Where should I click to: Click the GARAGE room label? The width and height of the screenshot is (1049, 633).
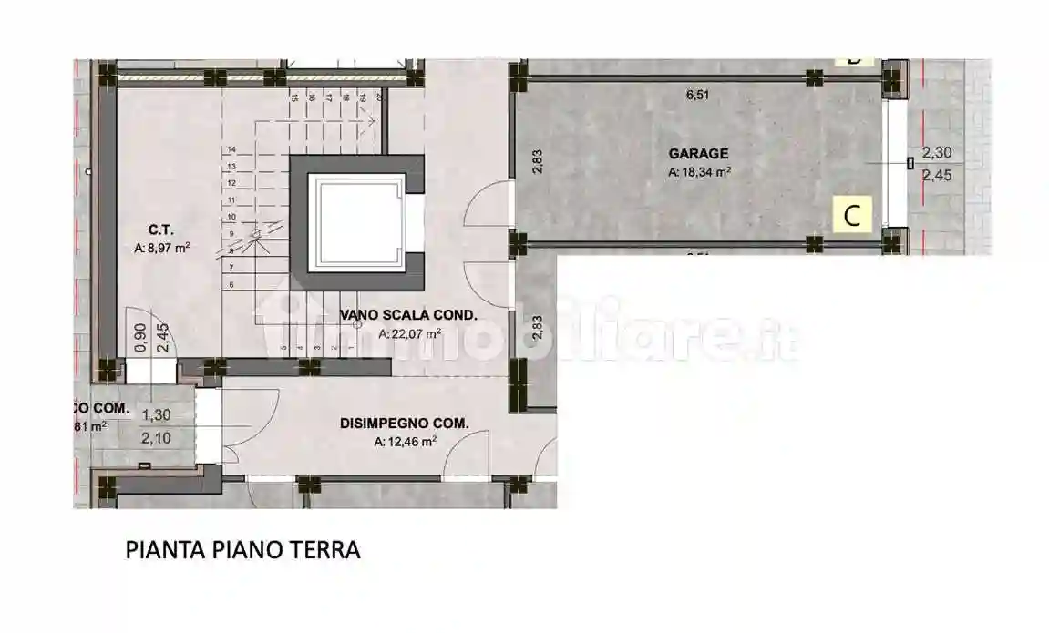pyautogui.click(x=698, y=154)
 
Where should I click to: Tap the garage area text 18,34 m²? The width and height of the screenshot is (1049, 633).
pyautogui.click(x=699, y=171)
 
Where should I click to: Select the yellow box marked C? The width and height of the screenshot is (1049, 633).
pyautogui.click(x=853, y=216)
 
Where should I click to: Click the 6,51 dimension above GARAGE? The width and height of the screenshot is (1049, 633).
pyautogui.click(x=696, y=94)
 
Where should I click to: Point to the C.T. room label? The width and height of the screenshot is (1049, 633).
pyautogui.click(x=162, y=230)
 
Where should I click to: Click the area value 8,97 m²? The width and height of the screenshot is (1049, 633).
pyautogui.click(x=161, y=247)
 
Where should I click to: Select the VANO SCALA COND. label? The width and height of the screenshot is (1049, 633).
pyautogui.click(x=408, y=316)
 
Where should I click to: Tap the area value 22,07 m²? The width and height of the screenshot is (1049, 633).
pyautogui.click(x=409, y=334)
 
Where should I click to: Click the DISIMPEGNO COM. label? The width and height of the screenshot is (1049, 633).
pyautogui.click(x=404, y=424)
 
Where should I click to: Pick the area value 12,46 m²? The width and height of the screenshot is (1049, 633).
pyautogui.click(x=405, y=442)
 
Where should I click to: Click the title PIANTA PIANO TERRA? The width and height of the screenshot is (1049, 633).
pyautogui.click(x=242, y=550)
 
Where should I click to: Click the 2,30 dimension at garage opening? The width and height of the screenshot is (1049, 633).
pyautogui.click(x=937, y=154)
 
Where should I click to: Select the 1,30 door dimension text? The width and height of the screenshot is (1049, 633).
pyautogui.click(x=157, y=414)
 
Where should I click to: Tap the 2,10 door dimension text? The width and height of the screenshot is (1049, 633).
pyautogui.click(x=157, y=438)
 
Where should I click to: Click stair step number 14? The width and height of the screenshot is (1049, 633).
pyautogui.click(x=232, y=149)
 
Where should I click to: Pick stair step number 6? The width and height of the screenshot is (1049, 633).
pyautogui.click(x=232, y=285)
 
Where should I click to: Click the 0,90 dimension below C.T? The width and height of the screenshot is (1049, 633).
pyautogui.click(x=140, y=338)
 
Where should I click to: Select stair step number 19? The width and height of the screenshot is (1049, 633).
pyautogui.click(x=363, y=97)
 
